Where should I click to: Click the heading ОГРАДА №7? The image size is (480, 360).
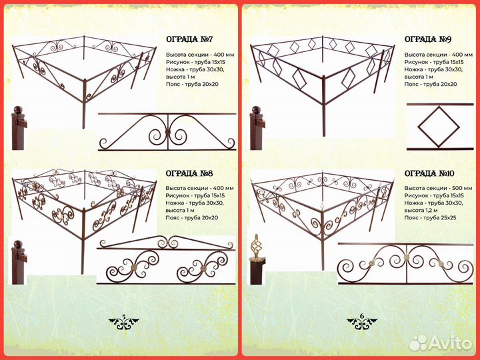189,39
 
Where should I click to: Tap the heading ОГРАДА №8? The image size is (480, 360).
189,173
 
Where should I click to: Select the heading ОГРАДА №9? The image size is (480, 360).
428,39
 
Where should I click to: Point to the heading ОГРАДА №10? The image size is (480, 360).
429,173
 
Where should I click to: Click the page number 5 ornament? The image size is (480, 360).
124,323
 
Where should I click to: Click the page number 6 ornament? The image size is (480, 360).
362,323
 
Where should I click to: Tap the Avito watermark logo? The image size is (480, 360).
441,343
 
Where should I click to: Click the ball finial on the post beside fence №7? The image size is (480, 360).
19,109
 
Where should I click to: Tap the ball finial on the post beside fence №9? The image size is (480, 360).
256,109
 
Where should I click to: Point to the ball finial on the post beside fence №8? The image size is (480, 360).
19,244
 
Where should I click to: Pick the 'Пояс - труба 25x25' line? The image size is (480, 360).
431,217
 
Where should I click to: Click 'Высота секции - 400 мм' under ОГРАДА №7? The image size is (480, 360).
200,55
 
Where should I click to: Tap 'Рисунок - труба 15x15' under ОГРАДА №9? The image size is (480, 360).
434,62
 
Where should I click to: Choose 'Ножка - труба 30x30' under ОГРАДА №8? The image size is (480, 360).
195,203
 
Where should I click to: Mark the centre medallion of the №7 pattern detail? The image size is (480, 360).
167,132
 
